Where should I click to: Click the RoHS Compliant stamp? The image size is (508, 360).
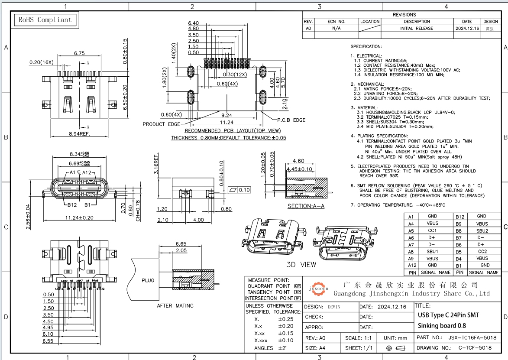tap(44, 20)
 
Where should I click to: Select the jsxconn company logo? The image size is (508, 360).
tap(318, 288)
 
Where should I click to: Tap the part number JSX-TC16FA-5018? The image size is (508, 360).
tap(472, 337)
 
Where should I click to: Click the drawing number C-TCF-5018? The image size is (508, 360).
tap(475, 348)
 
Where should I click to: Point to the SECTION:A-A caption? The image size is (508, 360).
tap(306, 206)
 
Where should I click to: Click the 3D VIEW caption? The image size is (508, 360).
tap(301, 264)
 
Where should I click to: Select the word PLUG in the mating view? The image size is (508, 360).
tap(148, 280)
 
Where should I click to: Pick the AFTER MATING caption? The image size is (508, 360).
tap(175, 306)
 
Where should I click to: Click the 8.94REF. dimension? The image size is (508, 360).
tap(79, 134)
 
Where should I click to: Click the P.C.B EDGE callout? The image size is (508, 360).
tap(291, 120)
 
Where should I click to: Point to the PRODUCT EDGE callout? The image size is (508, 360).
tap(161, 124)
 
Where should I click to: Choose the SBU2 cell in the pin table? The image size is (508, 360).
tap(482, 231)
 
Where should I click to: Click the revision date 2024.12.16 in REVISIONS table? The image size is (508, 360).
tap(467, 29)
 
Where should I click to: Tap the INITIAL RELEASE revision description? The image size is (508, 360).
tap(417, 29)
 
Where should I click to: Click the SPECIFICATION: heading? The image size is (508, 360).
tap(366, 46)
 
